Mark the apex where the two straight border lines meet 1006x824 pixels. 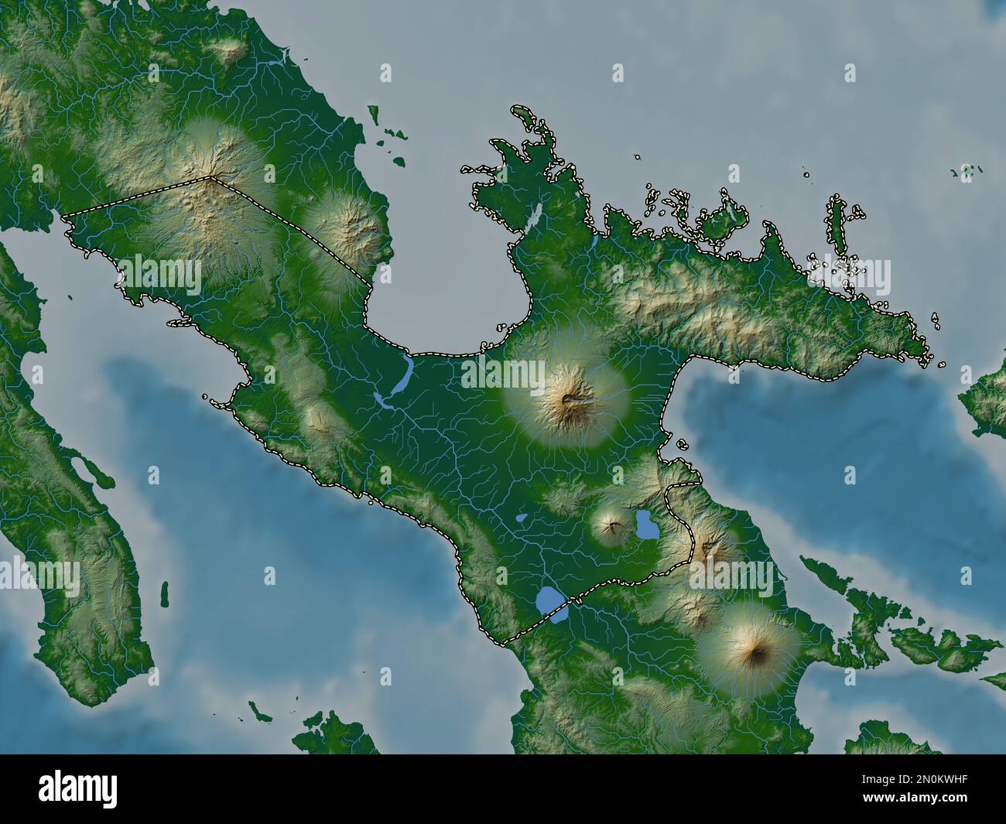(210, 178)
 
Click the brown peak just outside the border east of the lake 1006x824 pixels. (707, 549)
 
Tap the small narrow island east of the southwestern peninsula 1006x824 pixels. (164, 593)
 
